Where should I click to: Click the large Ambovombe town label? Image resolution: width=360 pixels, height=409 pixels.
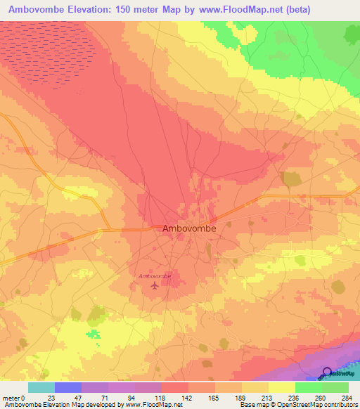click(x=189, y=228)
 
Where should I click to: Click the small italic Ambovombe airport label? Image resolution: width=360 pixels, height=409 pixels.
click(x=155, y=276)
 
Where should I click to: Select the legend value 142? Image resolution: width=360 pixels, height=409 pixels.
click(x=186, y=398)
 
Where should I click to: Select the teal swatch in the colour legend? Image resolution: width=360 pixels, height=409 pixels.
click(x=41, y=387)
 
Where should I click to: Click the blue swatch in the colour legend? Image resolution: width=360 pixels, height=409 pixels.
click(x=67, y=387)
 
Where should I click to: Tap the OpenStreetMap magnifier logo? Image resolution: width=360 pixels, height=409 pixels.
click(x=328, y=372)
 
